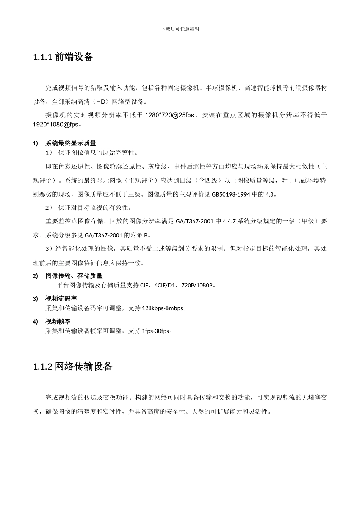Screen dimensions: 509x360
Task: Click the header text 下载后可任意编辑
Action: point(180,29)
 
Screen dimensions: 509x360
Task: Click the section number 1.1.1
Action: point(42,57)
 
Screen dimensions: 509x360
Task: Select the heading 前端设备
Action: point(74,57)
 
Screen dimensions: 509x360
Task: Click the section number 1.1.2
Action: point(42,367)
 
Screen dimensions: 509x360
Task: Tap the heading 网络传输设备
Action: point(83,367)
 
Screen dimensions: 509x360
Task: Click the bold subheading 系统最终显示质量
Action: point(71,143)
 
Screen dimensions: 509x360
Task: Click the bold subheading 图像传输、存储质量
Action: point(74,276)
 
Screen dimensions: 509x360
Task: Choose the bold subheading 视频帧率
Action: point(58,322)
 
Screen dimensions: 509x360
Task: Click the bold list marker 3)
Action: point(35,299)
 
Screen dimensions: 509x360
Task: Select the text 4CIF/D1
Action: point(164,286)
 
